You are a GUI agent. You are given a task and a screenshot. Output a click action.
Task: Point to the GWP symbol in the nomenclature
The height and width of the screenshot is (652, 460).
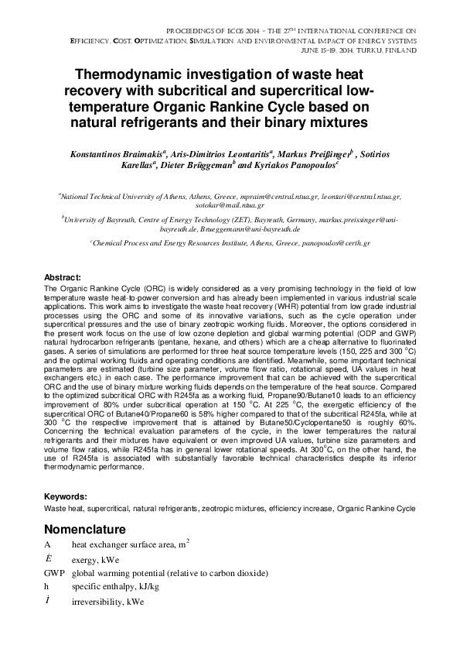click(x=56, y=573)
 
